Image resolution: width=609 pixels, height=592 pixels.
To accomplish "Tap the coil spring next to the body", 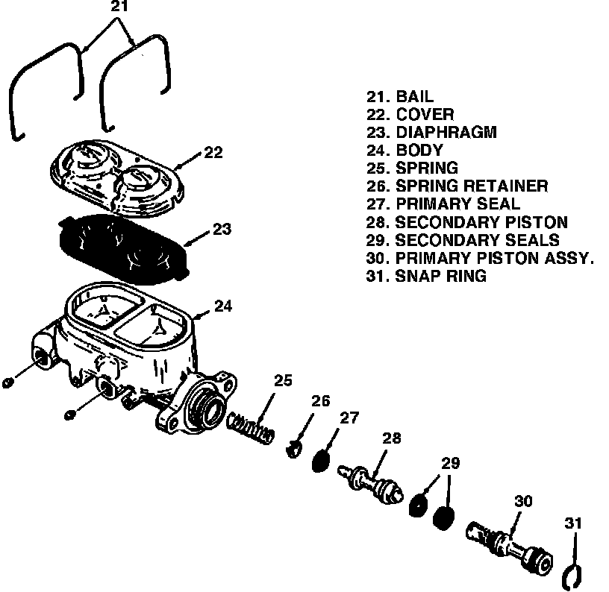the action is coord(251,427).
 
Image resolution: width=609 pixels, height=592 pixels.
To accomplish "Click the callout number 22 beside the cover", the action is coord(213,152).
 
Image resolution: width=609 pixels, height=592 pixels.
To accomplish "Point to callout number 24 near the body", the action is coord(223,306).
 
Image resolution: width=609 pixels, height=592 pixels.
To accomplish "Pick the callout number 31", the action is coord(573,523).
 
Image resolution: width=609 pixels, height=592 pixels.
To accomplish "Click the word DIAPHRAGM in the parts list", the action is coord(446,132).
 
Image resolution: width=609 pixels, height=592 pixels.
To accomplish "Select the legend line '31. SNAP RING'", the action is coord(426,276).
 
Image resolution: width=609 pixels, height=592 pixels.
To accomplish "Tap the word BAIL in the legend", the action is coord(415,96).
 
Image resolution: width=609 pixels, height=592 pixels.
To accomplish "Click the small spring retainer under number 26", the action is coord(294,450).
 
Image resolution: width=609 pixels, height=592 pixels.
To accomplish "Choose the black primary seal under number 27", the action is coord(321,461).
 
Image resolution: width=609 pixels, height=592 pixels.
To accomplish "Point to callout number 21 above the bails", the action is coord(119,7).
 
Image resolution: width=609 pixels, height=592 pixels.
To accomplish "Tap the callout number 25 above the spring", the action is coord(283,380).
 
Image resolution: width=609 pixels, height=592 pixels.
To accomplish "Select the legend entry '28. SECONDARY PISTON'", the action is coord(467,222).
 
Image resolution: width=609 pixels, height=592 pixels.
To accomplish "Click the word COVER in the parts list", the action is coord(425,114).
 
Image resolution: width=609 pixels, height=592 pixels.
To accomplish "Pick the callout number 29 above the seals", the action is coord(451,463).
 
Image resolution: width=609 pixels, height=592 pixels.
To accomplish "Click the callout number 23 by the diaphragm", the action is coord(222,229).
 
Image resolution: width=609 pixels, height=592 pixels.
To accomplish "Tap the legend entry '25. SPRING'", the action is coord(412,168).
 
